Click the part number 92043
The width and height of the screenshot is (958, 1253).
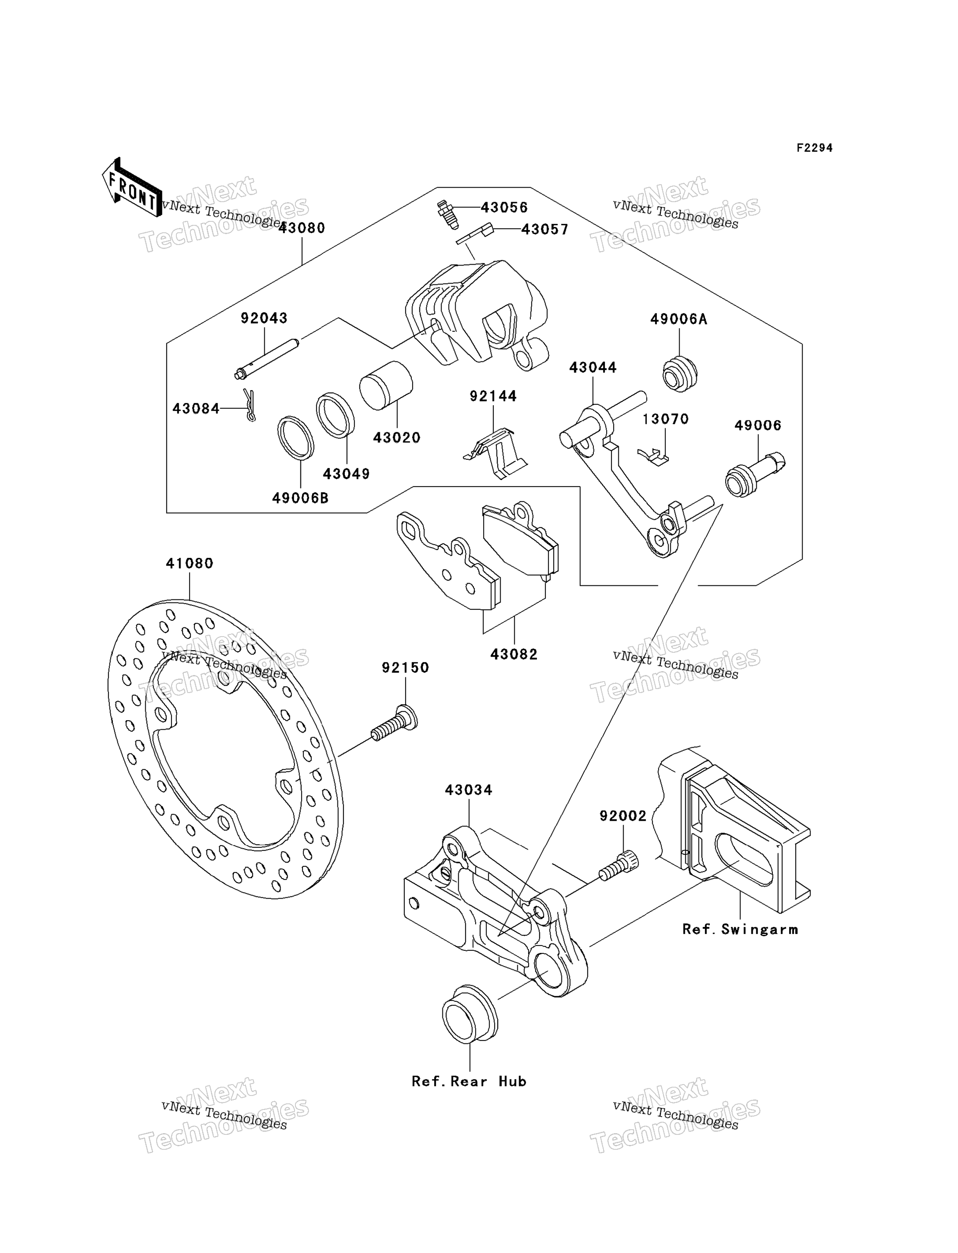pos(264,318)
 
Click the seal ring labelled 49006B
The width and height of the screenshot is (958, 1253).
pos(295,438)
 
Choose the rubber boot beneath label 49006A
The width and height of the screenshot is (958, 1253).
pos(680,373)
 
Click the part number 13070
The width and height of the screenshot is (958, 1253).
pos(666,420)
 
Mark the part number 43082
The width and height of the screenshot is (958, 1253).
pos(514,654)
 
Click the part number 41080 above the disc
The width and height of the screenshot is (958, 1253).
pos(190,563)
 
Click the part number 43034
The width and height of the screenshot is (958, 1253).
pos(469,790)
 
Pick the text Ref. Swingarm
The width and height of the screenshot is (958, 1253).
pos(740,930)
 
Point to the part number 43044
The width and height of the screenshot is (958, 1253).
pos(593,367)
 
